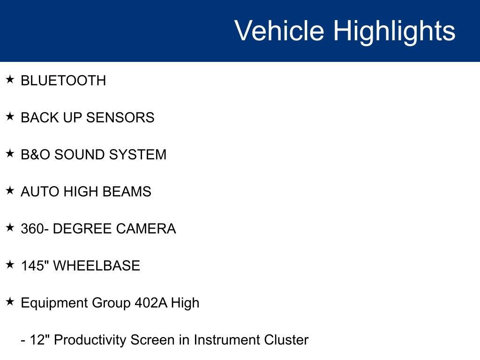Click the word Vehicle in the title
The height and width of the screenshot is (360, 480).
(279, 30)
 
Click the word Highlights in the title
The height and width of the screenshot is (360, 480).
(394, 31)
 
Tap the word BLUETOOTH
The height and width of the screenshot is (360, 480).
(63, 81)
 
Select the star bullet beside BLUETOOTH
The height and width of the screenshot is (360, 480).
(10, 79)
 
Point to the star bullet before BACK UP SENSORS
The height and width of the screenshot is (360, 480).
(10, 116)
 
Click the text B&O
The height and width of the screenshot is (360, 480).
(36, 155)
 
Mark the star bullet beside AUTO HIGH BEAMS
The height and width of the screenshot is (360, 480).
(10, 190)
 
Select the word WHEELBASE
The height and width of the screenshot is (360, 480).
(97, 266)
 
